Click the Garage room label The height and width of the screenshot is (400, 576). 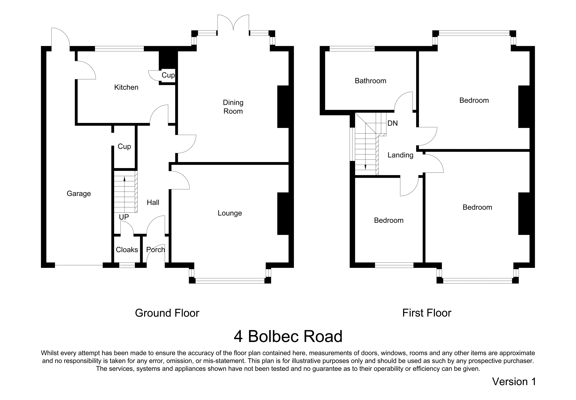point(79,193)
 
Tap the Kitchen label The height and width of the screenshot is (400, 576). point(126,87)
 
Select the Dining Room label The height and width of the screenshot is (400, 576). point(233,107)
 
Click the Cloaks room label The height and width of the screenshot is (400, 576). point(127,250)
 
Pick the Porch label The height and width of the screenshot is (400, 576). point(155,250)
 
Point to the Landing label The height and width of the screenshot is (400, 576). point(400,155)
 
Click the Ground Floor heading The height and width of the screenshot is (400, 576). point(167,313)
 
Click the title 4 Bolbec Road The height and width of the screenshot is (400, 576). point(288,336)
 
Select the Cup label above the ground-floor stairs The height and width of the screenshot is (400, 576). point(124,146)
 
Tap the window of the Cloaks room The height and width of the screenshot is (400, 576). point(127,265)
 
